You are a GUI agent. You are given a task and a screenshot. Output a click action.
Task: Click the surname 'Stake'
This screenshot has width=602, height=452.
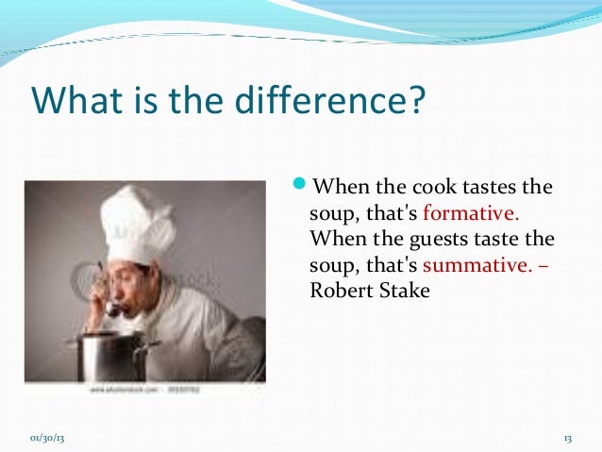[406, 290]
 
